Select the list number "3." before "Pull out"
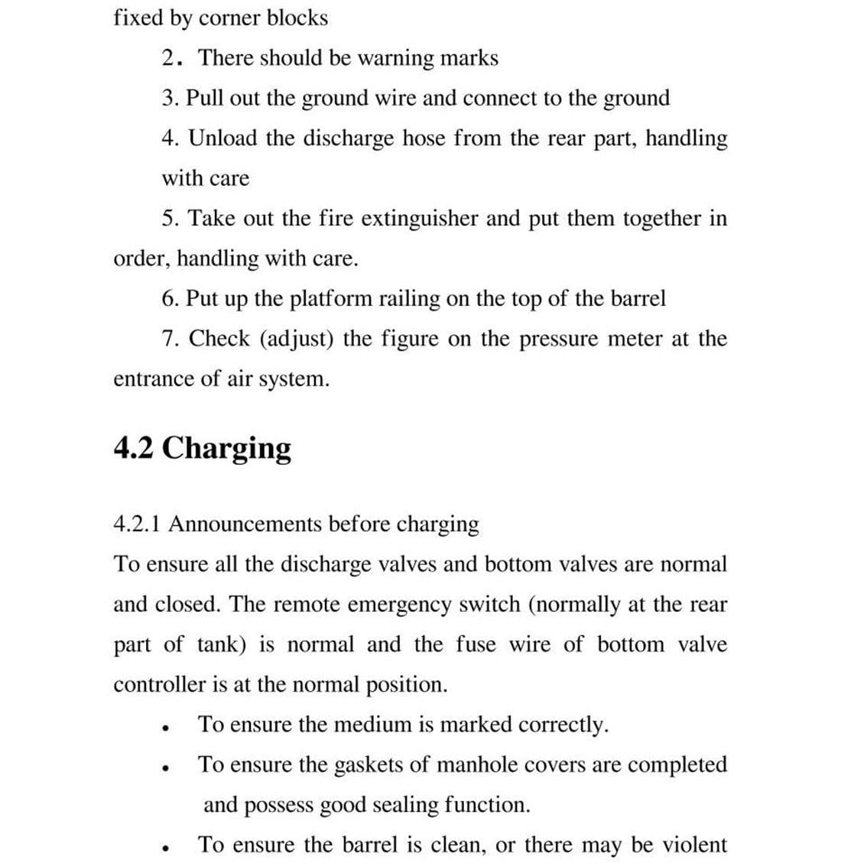click(x=170, y=98)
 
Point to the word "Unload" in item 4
click(x=223, y=138)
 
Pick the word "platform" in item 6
click(x=330, y=298)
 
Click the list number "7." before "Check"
click(x=172, y=339)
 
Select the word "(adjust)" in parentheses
click(x=297, y=339)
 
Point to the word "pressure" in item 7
click(x=557, y=339)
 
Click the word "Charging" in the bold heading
click(x=227, y=448)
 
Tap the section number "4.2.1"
click(x=138, y=524)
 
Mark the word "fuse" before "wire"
click(x=476, y=645)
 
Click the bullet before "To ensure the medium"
click(x=164, y=727)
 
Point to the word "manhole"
click(x=471, y=765)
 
